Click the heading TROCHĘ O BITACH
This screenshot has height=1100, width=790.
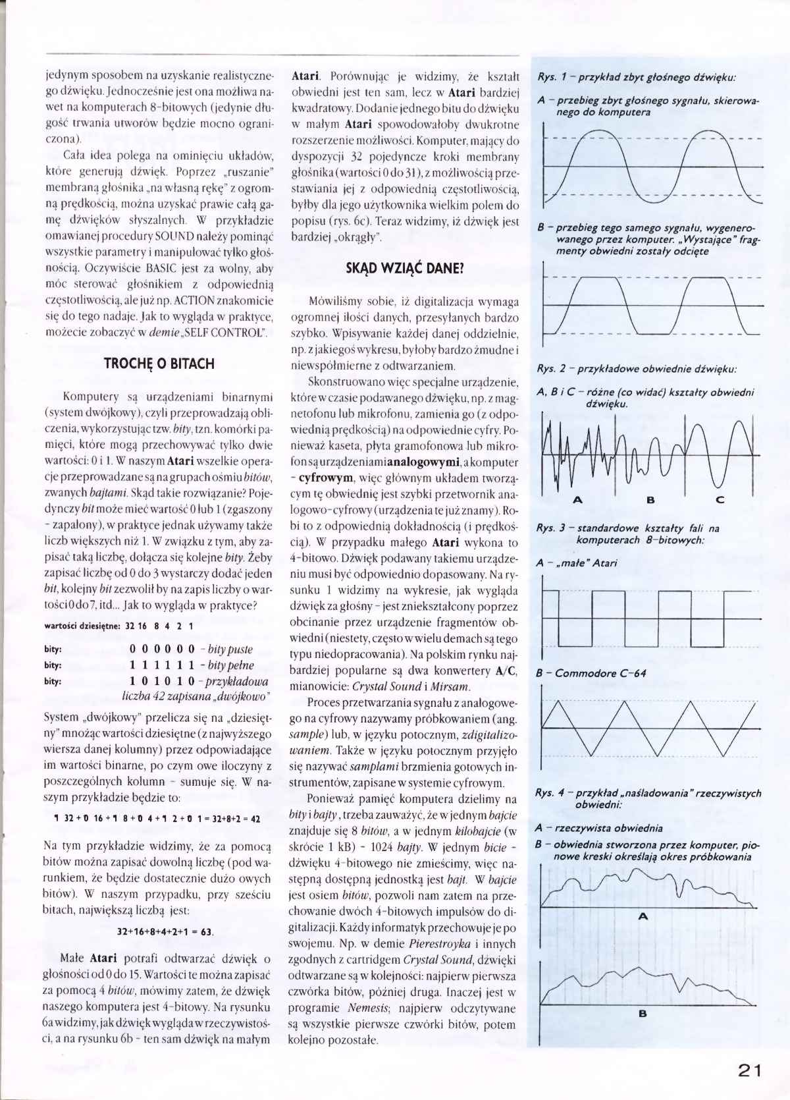click(159, 364)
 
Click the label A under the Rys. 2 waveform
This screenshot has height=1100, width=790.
click(578, 500)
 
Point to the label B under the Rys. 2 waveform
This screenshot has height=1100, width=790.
click(650, 500)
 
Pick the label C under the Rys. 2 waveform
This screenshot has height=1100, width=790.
click(720, 500)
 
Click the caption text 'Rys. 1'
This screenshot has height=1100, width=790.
click(552, 77)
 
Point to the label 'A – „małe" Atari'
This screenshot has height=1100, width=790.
click(577, 563)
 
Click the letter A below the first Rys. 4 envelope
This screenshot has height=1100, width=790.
click(644, 916)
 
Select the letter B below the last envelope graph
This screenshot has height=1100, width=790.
click(643, 1032)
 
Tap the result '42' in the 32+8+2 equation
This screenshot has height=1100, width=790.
click(255, 819)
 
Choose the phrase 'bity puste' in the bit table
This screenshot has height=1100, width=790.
click(230, 649)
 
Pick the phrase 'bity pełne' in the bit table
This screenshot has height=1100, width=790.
click(230, 665)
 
